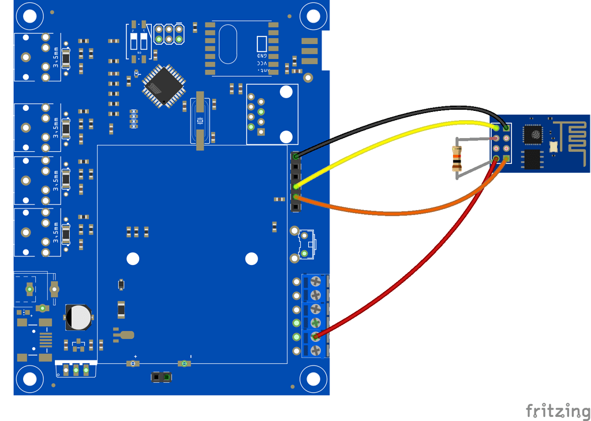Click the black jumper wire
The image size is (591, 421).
point(404,113)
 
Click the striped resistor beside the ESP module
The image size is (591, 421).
point(457,159)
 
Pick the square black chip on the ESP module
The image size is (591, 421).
point(533,135)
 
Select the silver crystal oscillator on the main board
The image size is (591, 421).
point(200,121)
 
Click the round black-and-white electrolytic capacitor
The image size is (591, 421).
point(78,317)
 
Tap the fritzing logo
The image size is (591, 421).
point(558,411)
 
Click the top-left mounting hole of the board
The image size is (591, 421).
point(28,16)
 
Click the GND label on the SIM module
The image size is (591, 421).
point(263,55)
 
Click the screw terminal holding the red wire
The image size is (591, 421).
point(316,337)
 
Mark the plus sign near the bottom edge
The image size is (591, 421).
point(136,356)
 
